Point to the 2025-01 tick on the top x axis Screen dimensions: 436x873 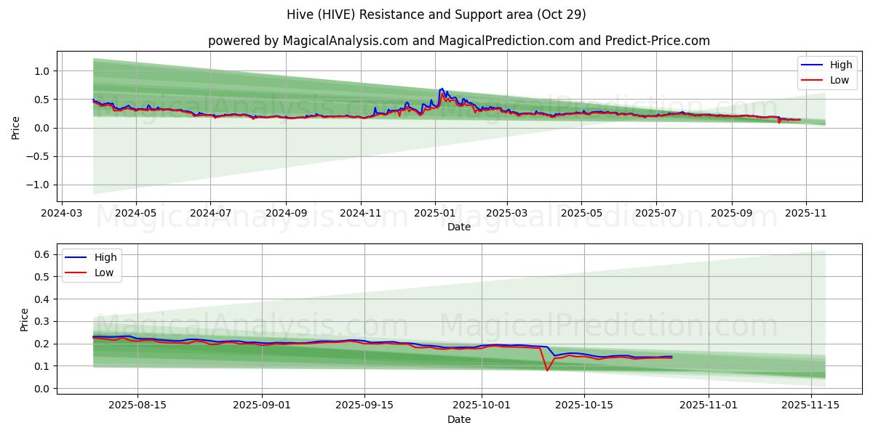tap(435, 214)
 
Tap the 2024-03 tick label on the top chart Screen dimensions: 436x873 tap(61, 214)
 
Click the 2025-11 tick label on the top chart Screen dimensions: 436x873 tap(805, 214)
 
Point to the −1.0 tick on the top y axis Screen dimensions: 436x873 tap(39, 185)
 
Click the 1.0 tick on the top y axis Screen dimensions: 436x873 tap(42, 71)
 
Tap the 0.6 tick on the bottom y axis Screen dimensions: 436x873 tap(42, 254)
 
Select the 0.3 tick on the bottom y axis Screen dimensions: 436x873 tap(42, 321)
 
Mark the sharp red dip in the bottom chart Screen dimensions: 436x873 tap(547, 370)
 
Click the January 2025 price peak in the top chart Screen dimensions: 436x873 tap(442, 89)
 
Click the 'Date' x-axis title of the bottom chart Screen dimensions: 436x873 tap(458, 419)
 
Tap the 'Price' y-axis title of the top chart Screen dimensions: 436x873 tap(16, 127)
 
